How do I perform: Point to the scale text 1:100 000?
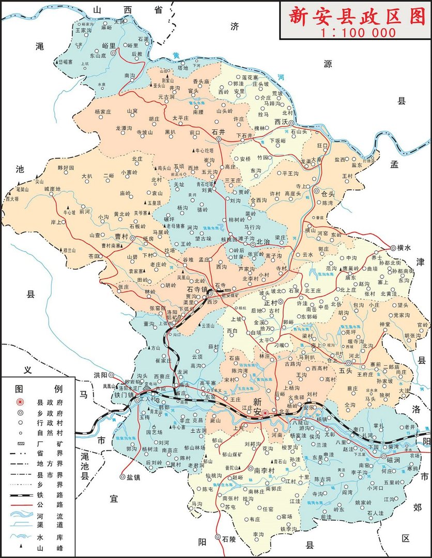[x=358, y=33]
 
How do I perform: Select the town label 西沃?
[x=281, y=122]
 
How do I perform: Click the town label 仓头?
[x=328, y=194]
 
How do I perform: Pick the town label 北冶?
[x=263, y=241]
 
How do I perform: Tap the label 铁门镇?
[x=124, y=395]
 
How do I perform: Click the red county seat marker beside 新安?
[x=265, y=413]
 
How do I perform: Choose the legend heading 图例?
[x=38, y=388]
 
